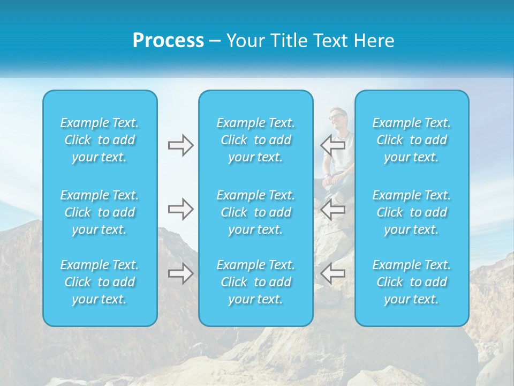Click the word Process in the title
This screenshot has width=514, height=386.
[x=168, y=40]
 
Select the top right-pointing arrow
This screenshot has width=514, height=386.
[x=180, y=145]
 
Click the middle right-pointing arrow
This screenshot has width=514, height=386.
[x=180, y=209]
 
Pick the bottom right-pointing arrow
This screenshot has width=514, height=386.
[x=180, y=273]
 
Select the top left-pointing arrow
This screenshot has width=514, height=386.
[x=333, y=145]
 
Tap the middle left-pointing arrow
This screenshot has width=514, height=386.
[x=333, y=209]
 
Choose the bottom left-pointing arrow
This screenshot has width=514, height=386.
[x=333, y=273]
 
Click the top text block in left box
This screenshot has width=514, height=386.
[x=100, y=140]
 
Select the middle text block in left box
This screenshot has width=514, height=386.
[x=100, y=212]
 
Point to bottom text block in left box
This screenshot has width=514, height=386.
[x=100, y=282]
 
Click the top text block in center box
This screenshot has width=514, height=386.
[x=255, y=140]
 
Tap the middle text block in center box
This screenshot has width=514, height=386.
[x=255, y=212]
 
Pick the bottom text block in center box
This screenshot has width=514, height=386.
[x=255, y=282]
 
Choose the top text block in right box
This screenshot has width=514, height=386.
[x=411, y=140]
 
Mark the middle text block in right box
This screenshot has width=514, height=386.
[x=411, y=212]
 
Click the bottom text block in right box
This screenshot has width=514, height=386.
[x=411, y=282]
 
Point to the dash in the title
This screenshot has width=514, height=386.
[x=215, y=41]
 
